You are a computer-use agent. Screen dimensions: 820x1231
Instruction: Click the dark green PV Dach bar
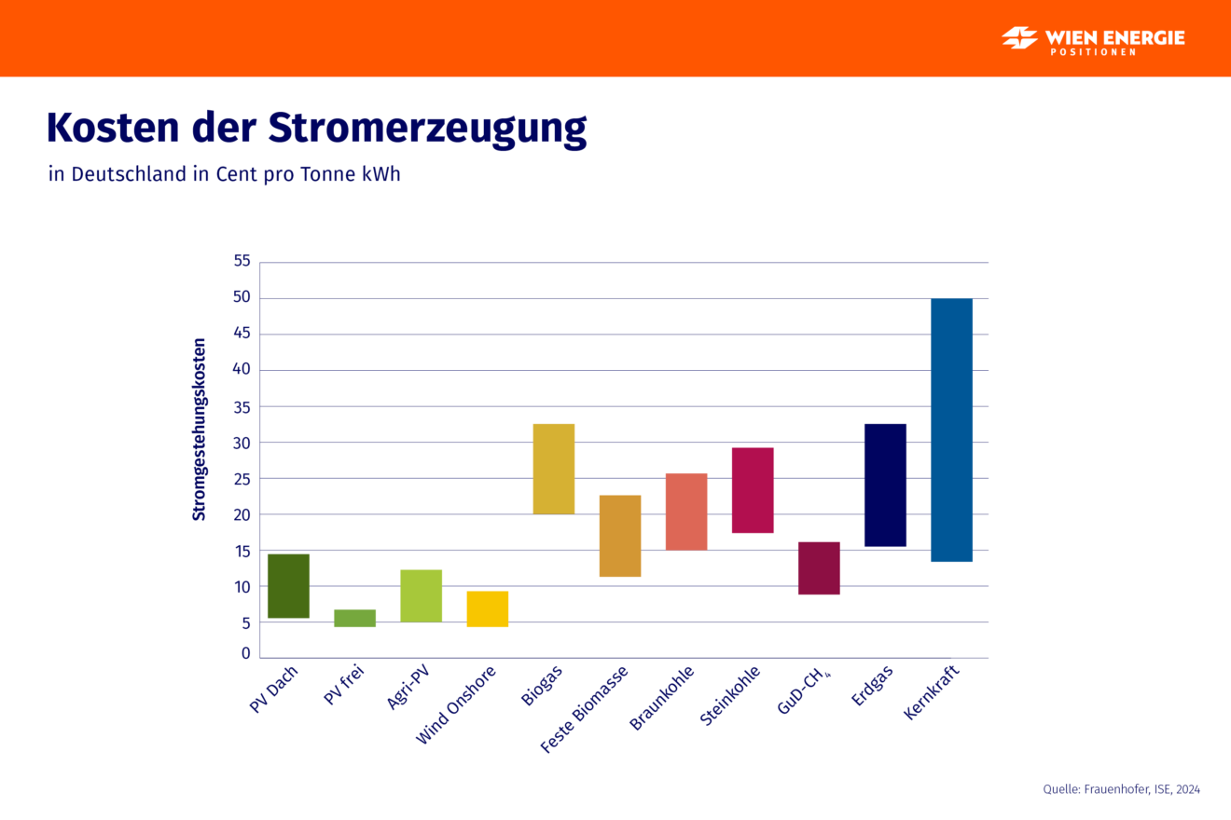pyautogui.click(x=288, y=586)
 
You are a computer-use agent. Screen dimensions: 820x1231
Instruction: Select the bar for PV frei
pyautogui.click(x=354, y=618)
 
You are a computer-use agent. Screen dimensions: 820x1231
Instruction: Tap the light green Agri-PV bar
pyautogui.click(x=421, y=595)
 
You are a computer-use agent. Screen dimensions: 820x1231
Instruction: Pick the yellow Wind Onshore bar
pyautogui.click(x=487, y=608)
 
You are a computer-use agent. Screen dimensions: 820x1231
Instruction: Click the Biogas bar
pyautogui.click(x=554, y=469)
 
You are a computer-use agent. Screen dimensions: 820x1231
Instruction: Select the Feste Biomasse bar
pyautogui.click(x=620, y=536)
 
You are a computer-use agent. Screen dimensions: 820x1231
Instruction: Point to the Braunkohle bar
pyautogui.click(x=686, y=512)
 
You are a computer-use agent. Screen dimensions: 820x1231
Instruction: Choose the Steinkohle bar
pyautogui.click(x=753, y=490)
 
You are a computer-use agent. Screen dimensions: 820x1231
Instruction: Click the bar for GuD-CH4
pyautogui.click(x=819, y=567)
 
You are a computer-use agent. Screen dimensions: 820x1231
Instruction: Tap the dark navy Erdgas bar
pyautogui.click(x=885, y=485)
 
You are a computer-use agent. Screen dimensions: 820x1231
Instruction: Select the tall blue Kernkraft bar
pyautogui.click(x=951, y=430)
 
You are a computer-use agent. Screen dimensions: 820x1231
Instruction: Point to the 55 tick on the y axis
pyautogui.click(x=242, y=261)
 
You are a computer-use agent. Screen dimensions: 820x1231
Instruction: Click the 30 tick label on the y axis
pyautogui.click(x=242, y=443)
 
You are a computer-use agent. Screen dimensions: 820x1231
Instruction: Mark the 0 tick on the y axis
pyautogui.click(x=246, y=654)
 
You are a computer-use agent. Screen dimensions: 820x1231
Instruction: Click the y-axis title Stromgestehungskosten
pyautogui.click(x=200, y=430)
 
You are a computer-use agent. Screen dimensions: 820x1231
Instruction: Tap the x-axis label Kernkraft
pyautogui.click(x=933, y=691)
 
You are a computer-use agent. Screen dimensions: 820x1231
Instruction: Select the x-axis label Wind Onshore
pyautogui.click(x=457, y=705)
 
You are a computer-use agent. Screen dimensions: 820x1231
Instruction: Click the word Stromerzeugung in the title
pyautogui.click(x=428, y=128)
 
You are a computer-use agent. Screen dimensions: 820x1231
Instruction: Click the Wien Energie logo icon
pyautogui.click(x=1020, y=38)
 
